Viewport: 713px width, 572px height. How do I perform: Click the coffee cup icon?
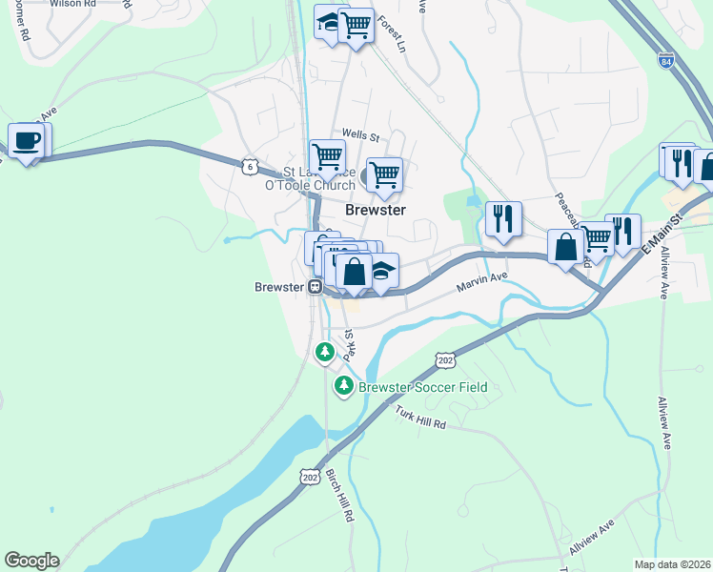point(26,142)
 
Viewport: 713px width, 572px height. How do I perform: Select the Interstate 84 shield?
point(665,61)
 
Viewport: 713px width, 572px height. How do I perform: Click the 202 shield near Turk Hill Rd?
point(445,359)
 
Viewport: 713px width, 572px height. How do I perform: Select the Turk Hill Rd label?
point(420,417)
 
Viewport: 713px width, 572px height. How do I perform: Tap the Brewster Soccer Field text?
point(422,387)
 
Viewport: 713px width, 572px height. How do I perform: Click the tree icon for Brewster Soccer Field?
point(343,387)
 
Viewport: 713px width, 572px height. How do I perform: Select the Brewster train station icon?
point(314,286)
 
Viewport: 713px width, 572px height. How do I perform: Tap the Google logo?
point(31,561)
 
